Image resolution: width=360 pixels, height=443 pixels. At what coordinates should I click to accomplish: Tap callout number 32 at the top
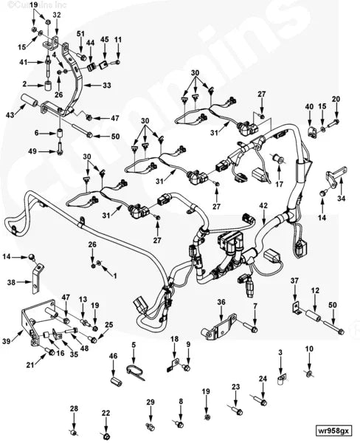point(58,15)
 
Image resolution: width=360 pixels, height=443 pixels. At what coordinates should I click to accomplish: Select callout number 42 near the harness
point(263,205)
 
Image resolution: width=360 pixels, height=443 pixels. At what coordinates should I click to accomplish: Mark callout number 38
point(10,282)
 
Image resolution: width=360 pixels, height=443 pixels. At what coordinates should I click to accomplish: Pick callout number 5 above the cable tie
point(134,345)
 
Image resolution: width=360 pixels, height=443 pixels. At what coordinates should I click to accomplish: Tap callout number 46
point(113,357)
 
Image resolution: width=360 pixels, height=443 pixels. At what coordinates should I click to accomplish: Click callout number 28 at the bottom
point(74,408)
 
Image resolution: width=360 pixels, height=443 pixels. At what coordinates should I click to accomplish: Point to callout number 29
point(150,402)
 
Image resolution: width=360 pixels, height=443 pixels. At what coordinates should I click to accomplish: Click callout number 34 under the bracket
point(340,198)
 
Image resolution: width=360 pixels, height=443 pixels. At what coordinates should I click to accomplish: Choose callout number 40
point(309,106)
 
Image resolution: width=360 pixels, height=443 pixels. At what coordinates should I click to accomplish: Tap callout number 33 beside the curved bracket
point(107,86)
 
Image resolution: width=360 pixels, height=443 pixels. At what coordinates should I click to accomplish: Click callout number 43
point(9,114)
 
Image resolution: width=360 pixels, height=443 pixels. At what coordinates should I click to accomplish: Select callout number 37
point(294,281)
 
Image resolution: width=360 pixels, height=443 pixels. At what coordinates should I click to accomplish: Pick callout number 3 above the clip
point(280,354)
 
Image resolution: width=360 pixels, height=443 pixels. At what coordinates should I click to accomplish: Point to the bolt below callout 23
point(238,409)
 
